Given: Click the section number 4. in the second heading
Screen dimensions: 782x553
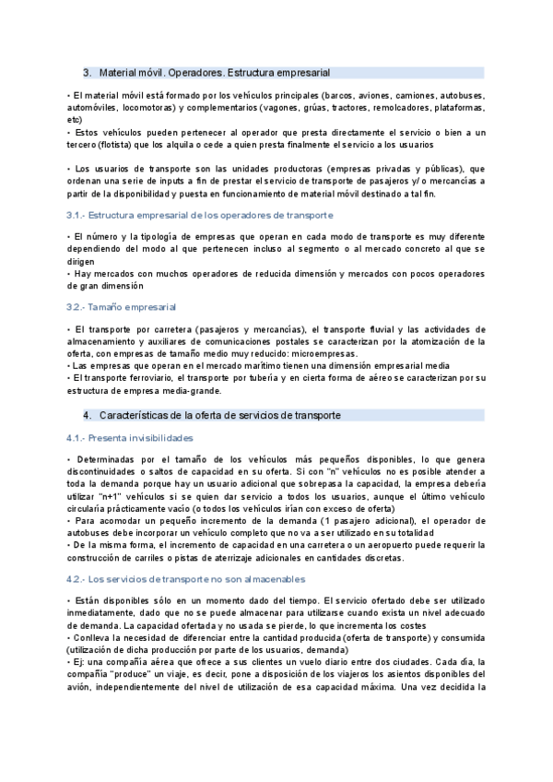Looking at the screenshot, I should [88, 415].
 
